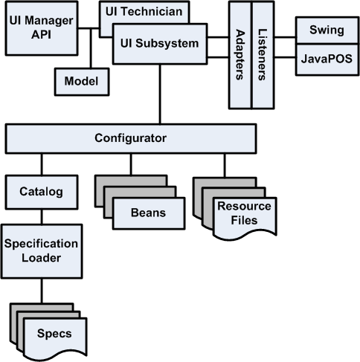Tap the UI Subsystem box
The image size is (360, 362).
click(x=159, y=44)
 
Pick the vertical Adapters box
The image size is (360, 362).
click(x=239, y=56)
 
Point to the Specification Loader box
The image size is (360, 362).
click(x=41, y=251)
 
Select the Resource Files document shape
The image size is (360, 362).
click(x=243, y=214)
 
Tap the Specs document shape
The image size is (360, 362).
click(x=54, y=332)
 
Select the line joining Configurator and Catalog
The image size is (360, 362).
click(x=41, y=164)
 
